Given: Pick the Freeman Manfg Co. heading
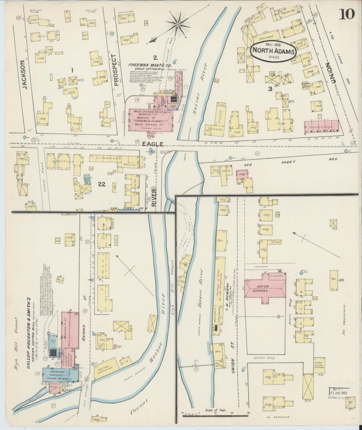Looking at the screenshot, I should [x=150, y=65].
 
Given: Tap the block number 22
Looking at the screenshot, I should [x=102, y=184].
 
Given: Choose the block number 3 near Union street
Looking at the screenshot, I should [x=270, y=89].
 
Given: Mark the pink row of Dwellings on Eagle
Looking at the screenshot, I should [x=321, y=126].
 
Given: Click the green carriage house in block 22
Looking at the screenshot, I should [x=87, y=178].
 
